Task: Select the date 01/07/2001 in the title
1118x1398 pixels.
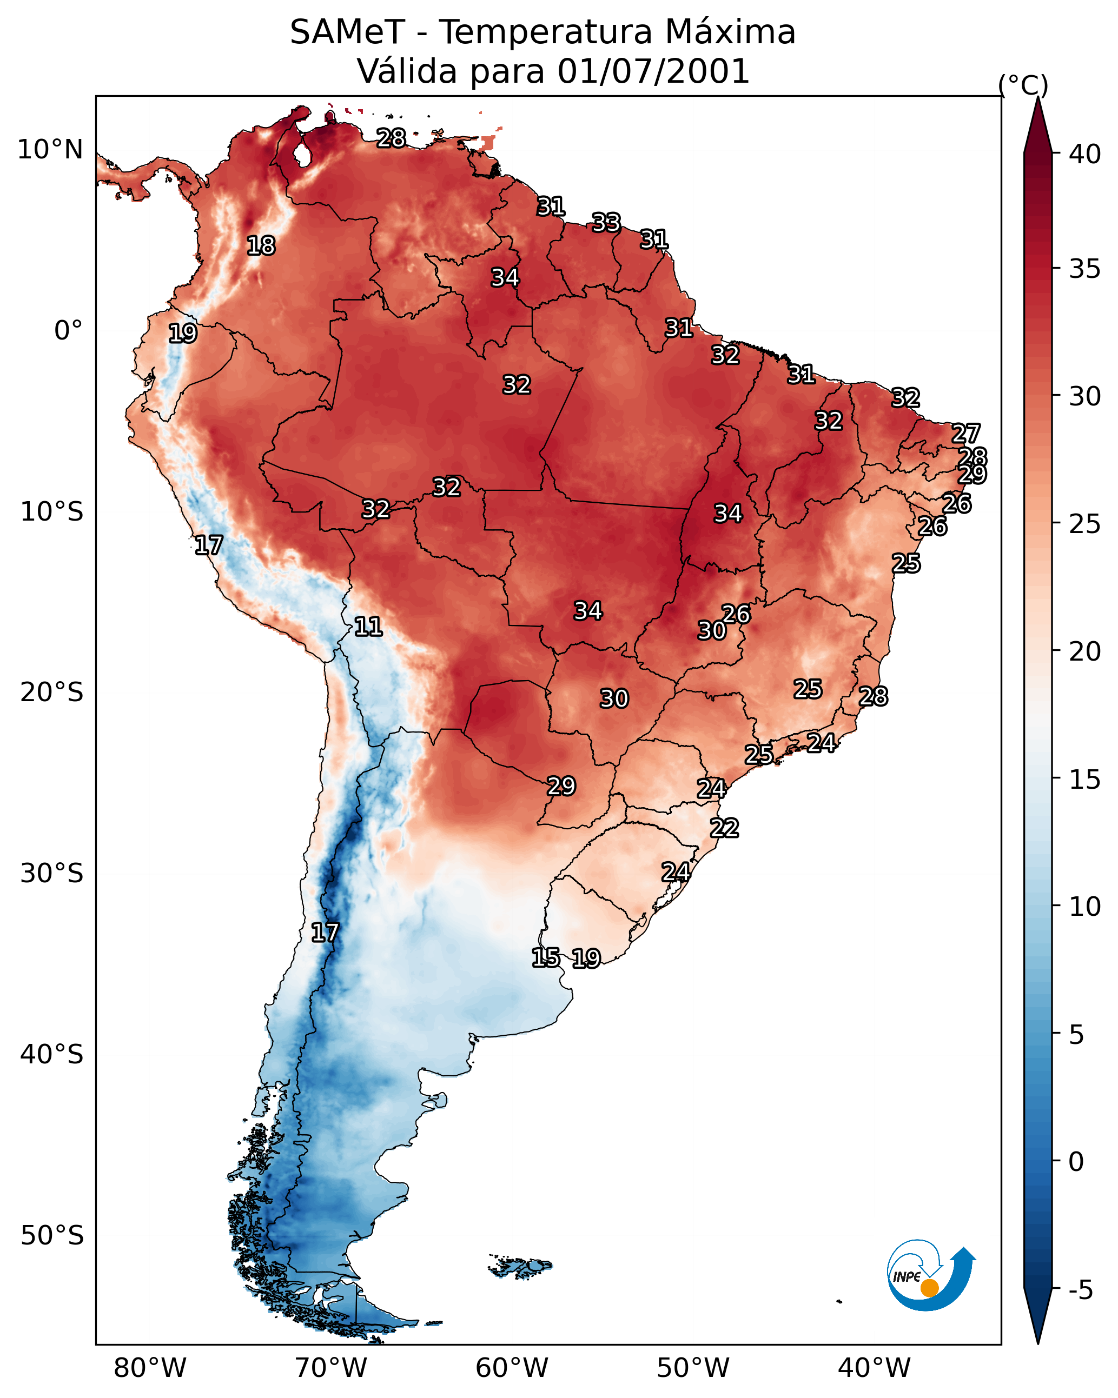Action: tap(653, 71)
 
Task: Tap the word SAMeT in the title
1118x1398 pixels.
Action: tap(347, 32)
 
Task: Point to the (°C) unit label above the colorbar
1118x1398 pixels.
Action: tap(1023, 85)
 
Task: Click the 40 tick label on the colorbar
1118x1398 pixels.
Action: tap(1085, 154)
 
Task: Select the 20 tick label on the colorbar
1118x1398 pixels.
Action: tap(1085, 651)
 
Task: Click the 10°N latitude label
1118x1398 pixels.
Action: tap(50, 150)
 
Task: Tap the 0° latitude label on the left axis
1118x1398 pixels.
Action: tap(68, 331)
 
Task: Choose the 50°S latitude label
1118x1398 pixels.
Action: tap(52, 1236)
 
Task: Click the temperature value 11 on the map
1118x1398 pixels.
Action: tap(368, 627)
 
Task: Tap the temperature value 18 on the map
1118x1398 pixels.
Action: tap(261, 246)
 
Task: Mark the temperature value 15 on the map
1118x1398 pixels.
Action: tap(546, 958)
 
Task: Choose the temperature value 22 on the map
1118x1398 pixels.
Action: tap(724, 828)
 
